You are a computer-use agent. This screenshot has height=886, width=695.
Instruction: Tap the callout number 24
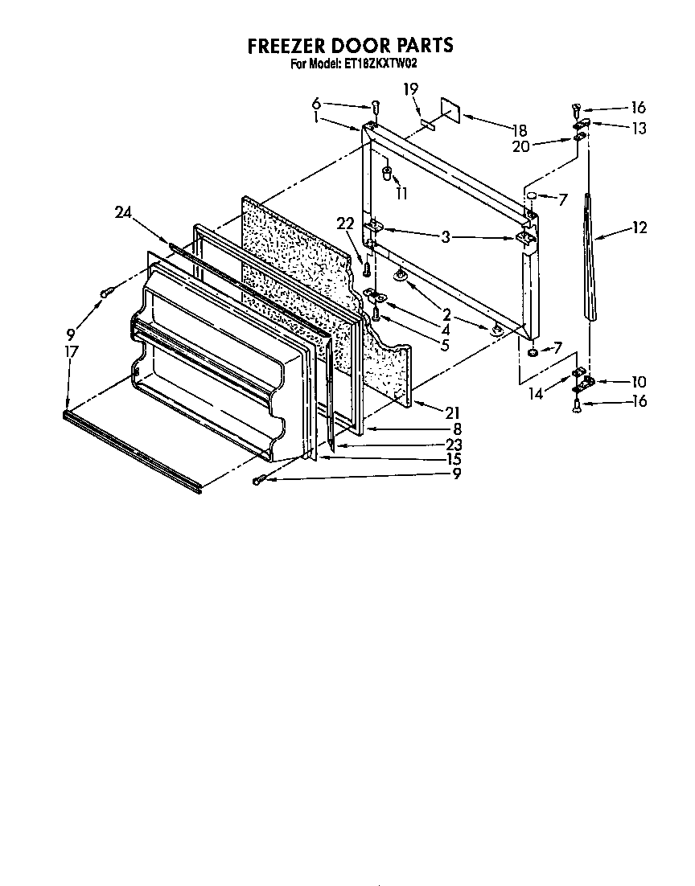point(122,212)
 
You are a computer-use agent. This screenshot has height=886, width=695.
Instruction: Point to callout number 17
point(72,351)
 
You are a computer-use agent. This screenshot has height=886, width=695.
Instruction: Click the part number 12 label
point(639,228)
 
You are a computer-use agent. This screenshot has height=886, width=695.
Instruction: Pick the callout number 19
point(410,90)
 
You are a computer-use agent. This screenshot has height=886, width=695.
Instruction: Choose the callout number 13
point(639,128)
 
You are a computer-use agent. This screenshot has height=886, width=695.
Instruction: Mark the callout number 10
point(639,382)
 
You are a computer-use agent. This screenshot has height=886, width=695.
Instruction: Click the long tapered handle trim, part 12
point(592,257)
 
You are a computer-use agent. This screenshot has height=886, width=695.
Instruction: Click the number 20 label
point(520,145)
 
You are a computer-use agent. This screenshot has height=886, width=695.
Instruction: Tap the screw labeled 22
point(367,266)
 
